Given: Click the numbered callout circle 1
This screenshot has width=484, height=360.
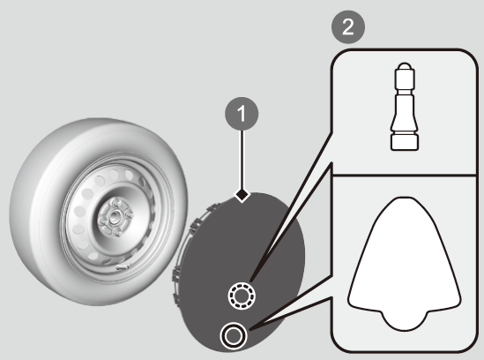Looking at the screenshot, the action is coord(242,114).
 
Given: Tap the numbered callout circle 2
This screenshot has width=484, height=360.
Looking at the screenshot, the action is coord(348,27).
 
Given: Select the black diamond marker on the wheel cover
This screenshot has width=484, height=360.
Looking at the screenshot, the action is coord(242,195).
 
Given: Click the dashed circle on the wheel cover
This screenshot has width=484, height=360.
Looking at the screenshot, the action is coord(242,296).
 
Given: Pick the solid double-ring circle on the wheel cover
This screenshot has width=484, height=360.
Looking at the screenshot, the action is coord(234,335).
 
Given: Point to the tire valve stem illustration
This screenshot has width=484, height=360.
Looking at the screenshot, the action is coord(405,107).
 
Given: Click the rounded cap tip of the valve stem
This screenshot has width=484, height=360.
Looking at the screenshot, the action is coord(405,66).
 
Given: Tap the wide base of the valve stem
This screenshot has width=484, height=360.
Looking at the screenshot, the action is coord(405,142).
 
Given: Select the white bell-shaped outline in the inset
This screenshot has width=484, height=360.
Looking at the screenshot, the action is coord(405,264).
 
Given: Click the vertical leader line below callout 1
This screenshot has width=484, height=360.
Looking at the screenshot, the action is coord(242,160).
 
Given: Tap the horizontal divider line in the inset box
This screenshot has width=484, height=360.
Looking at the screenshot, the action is coord(405,175).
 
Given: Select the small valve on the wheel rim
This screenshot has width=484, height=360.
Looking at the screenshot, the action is coord(123,267).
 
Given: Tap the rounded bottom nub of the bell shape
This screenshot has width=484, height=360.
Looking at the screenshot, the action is coord(405,321).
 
